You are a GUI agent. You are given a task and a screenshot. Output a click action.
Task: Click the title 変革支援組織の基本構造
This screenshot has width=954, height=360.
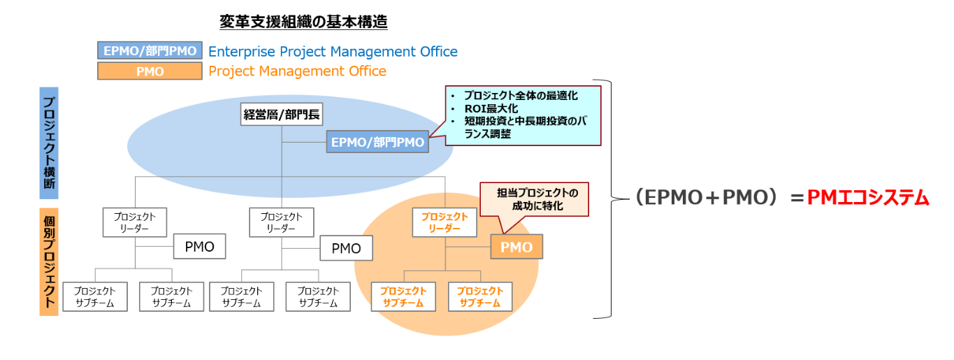pos(303,22)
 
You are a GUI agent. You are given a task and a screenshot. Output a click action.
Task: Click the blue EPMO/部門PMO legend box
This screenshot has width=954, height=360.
pos(150,51)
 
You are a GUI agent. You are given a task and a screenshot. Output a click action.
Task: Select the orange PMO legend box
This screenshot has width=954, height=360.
pos(150,71)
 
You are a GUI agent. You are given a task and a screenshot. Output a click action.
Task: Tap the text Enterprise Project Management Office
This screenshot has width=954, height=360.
pos(333,52)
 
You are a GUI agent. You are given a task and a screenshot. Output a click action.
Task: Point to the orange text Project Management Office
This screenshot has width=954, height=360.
pos(297,71)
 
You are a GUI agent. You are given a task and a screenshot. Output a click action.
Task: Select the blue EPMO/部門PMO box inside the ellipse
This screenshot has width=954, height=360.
pos(377,143)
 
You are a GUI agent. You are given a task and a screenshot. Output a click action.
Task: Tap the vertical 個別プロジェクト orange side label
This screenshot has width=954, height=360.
pos(49,261)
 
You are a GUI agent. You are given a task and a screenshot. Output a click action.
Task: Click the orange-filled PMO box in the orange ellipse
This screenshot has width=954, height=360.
pos(516,247)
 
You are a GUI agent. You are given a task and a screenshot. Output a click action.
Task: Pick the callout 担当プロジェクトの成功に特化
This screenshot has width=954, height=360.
pos(533,199)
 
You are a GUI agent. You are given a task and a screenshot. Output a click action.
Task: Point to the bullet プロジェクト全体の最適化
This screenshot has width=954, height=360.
pos(521,95)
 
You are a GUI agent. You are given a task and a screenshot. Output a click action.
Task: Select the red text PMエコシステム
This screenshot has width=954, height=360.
pos(868,199)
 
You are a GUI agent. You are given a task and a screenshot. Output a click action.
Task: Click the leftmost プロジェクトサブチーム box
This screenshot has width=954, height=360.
pos(95,296)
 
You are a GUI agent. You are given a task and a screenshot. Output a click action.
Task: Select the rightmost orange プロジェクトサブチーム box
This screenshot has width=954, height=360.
pos(479,296)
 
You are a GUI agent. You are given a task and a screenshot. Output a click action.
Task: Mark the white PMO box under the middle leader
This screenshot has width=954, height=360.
pos(346,248)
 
